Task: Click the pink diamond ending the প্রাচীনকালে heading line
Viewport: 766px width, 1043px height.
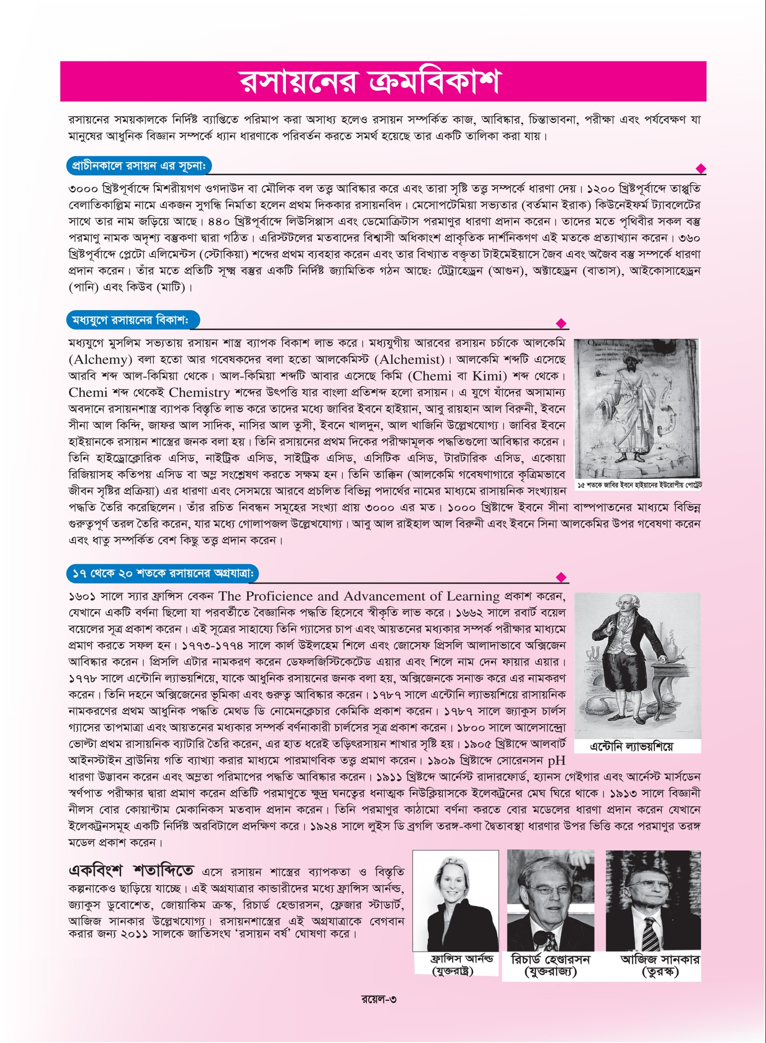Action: pos(701,169)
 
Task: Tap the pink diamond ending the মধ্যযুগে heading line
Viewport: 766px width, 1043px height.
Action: pos(561,324)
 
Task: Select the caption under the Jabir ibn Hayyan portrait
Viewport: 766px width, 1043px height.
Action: pos(637,485)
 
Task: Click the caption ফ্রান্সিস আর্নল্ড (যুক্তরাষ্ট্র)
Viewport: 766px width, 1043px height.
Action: pos(455,964)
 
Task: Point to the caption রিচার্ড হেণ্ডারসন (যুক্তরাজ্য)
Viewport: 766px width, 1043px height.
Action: pos(550,965)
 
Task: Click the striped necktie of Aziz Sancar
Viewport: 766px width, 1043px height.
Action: pos(650,934)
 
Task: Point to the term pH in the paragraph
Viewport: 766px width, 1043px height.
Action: pos(556,760)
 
